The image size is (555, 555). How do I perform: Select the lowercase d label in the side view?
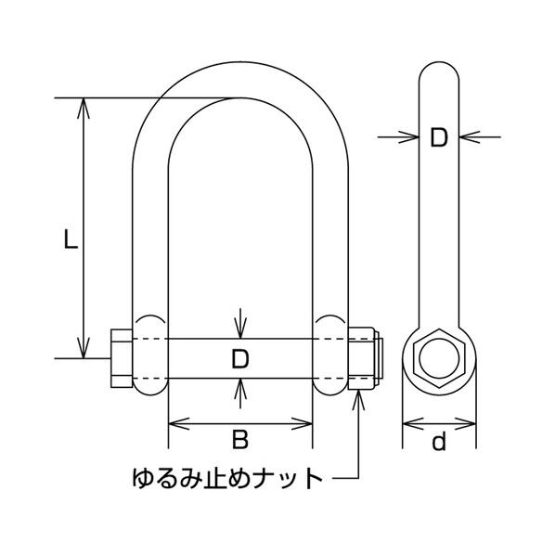(439, 442)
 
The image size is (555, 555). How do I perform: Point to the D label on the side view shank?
(439, 138)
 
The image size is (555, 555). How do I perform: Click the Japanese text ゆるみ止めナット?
(227, 480)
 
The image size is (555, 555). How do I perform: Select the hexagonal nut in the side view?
(439, 356)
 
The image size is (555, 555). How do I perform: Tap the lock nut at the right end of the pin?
(364, 357)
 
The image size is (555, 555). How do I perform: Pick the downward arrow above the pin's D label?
(239, 329)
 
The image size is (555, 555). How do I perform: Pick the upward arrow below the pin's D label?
(239, 389)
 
